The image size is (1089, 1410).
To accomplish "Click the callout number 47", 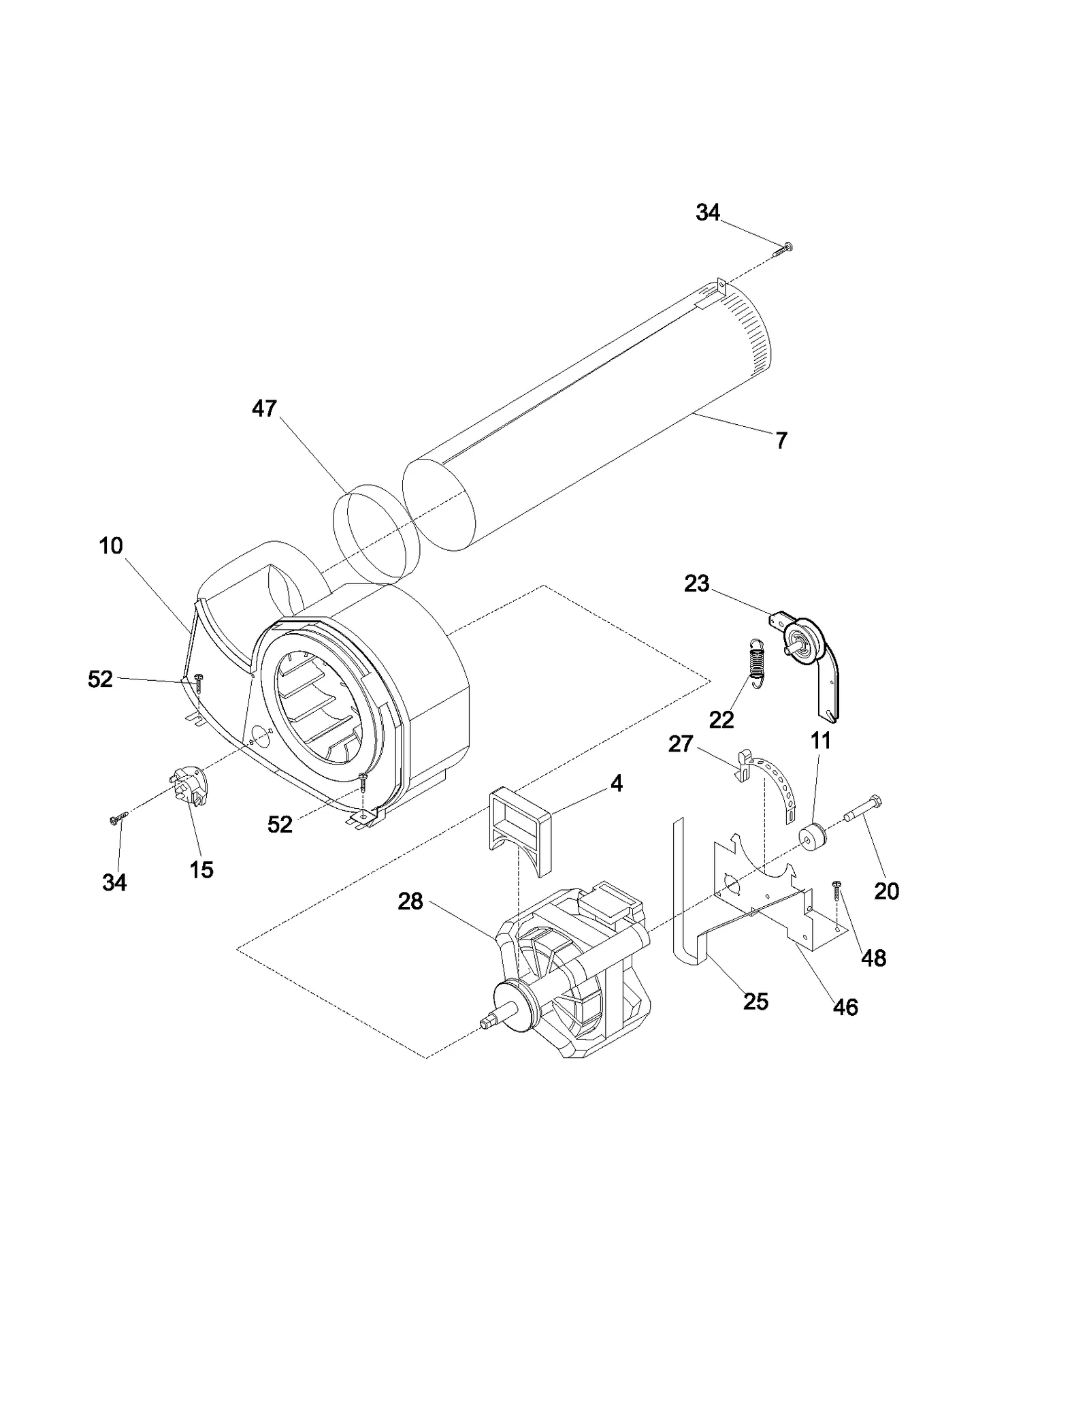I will [264, 408].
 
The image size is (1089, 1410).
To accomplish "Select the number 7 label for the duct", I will [781, 440].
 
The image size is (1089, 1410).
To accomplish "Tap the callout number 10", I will [111, 546].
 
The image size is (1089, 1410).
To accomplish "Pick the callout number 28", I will [410, 901].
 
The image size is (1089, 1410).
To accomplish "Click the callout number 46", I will [845, 1007].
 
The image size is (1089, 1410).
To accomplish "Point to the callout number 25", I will [755, 1002].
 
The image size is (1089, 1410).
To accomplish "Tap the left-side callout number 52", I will [100, 679].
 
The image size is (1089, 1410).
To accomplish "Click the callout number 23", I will [696, 583].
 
